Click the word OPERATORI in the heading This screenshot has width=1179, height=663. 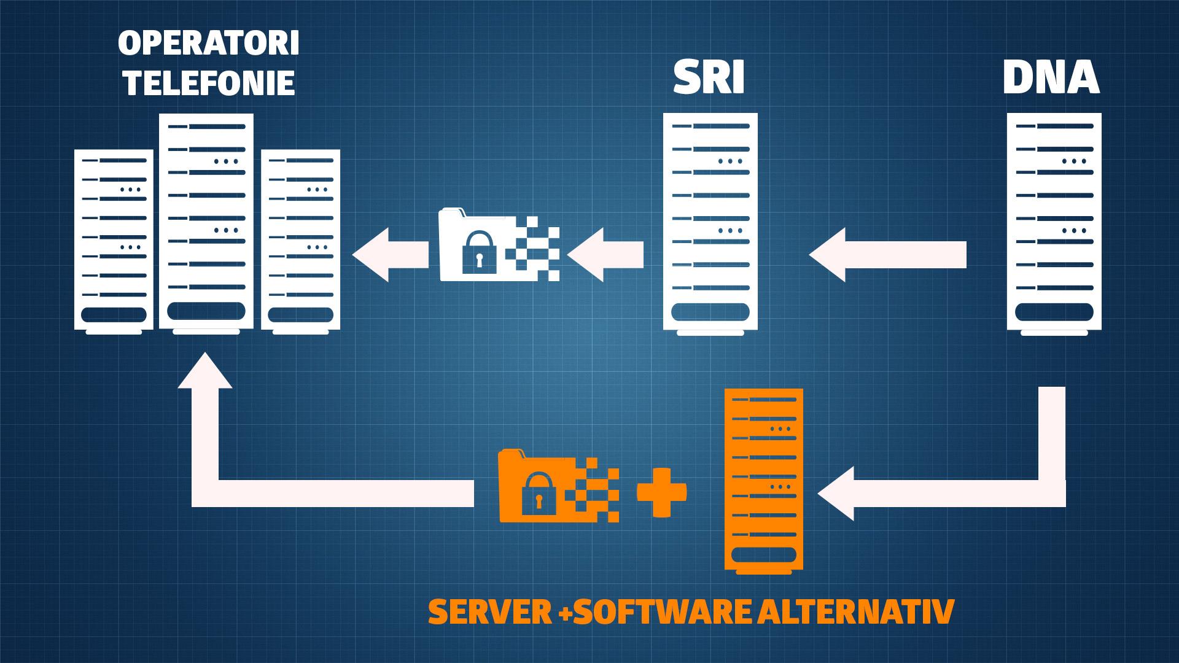[x=209, y=45]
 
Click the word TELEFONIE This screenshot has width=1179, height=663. [x=209, y=82]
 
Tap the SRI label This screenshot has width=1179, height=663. [x=709, y=78]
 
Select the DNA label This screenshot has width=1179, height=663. [x=1051, y=78]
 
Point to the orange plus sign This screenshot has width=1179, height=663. [x=661, y=492]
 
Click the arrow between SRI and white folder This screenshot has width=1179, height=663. [x=605, y=255]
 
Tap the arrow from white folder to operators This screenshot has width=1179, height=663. [x=390, y=255]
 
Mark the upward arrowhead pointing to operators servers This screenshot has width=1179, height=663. [x=205, y=371]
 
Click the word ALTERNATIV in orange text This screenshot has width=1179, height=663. [x=855, y=611]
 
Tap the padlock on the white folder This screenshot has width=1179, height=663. [x=478, y=253]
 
